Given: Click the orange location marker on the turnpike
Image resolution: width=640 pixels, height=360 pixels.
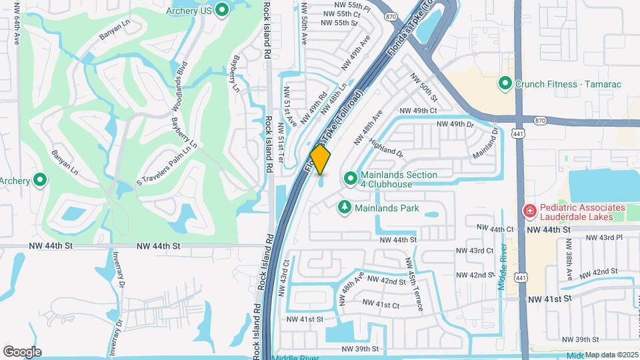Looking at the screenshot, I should tap(321, 159).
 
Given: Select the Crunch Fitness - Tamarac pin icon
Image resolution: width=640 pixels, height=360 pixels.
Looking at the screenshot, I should tap(505, 84).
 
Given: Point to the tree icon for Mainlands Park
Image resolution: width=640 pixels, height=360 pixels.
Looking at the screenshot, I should tap(345, 208).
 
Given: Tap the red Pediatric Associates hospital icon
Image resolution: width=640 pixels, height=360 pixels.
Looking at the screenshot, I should tap(529, 211).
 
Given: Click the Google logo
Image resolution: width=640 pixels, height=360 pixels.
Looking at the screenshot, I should tap(22, 351).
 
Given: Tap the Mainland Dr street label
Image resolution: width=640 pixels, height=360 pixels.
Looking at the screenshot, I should tap(485, 144).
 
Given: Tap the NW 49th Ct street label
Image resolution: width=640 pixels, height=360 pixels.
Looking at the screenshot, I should tap(417, 110).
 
